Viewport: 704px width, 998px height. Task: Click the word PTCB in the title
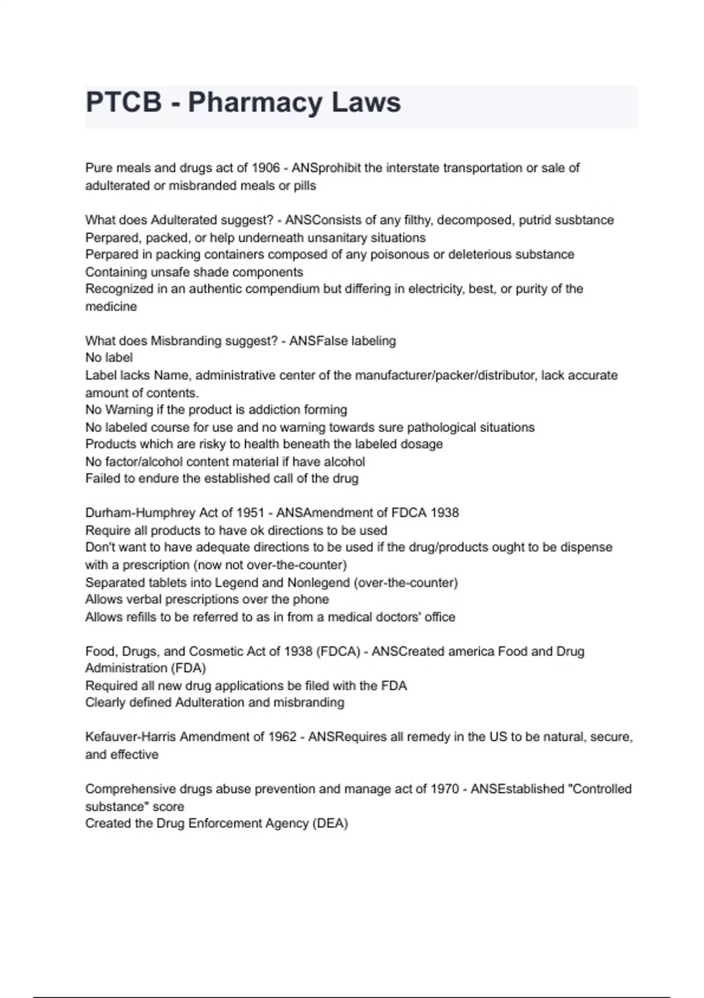124,102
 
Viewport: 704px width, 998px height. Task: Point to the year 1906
266,168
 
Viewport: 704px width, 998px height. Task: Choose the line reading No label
109,358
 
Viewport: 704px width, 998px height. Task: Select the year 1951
250,513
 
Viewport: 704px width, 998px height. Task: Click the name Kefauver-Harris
130,737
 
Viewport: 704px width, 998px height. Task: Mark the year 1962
283,737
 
